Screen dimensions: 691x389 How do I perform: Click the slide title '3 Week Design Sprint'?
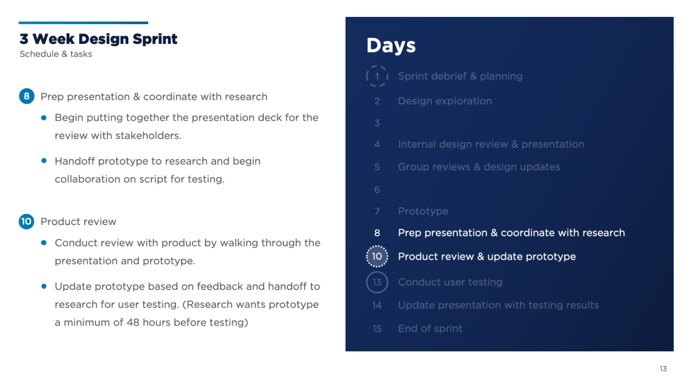click(98, 39)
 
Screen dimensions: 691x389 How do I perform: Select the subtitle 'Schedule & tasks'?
click(56, 54)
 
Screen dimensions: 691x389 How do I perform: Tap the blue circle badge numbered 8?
click(26, 96)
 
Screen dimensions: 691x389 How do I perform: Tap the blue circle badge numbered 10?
click(26, 221)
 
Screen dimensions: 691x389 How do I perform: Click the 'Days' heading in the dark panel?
click(391, 45)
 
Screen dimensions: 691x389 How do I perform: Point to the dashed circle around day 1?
click(366, 76)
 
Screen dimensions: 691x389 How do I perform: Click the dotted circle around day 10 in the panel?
click(366, 256)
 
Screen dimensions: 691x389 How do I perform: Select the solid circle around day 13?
click(366, 282)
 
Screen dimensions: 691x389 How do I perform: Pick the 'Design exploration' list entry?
click(445, 101)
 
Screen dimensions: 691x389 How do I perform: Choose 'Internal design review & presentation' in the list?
click(491, 144)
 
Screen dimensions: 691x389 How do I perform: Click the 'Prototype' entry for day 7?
click(423, 211)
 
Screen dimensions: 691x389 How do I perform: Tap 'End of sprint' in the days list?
click(430, 329)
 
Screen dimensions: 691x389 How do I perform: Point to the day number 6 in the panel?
click(377, 190)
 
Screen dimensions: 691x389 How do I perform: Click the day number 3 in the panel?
click(377, 123)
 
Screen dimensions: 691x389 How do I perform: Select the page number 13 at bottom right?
click(663, 369)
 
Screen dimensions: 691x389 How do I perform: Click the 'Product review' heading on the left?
click(79, 221)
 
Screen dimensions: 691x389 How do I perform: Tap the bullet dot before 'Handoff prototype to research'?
click(43, 160)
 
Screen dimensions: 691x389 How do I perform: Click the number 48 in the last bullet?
click(133, 322)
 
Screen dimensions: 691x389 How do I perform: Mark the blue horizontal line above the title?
click(84, 23)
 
